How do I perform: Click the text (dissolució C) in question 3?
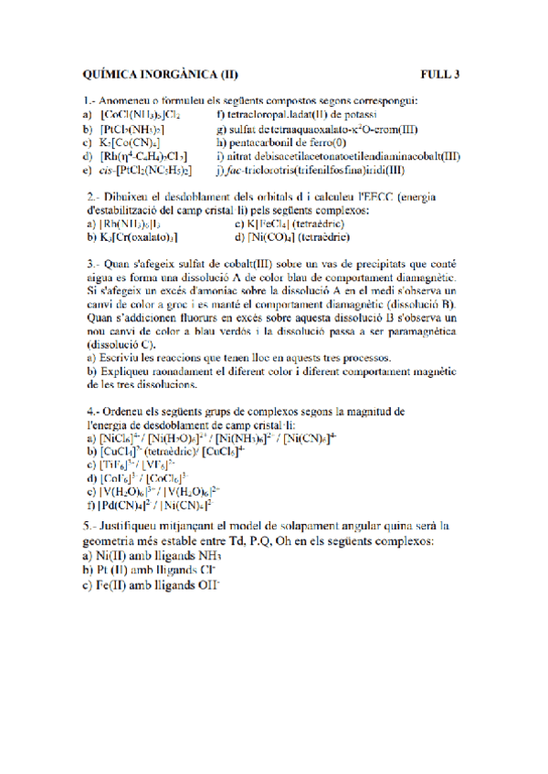click(120, 346)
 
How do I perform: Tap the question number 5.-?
click(91, 527)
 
